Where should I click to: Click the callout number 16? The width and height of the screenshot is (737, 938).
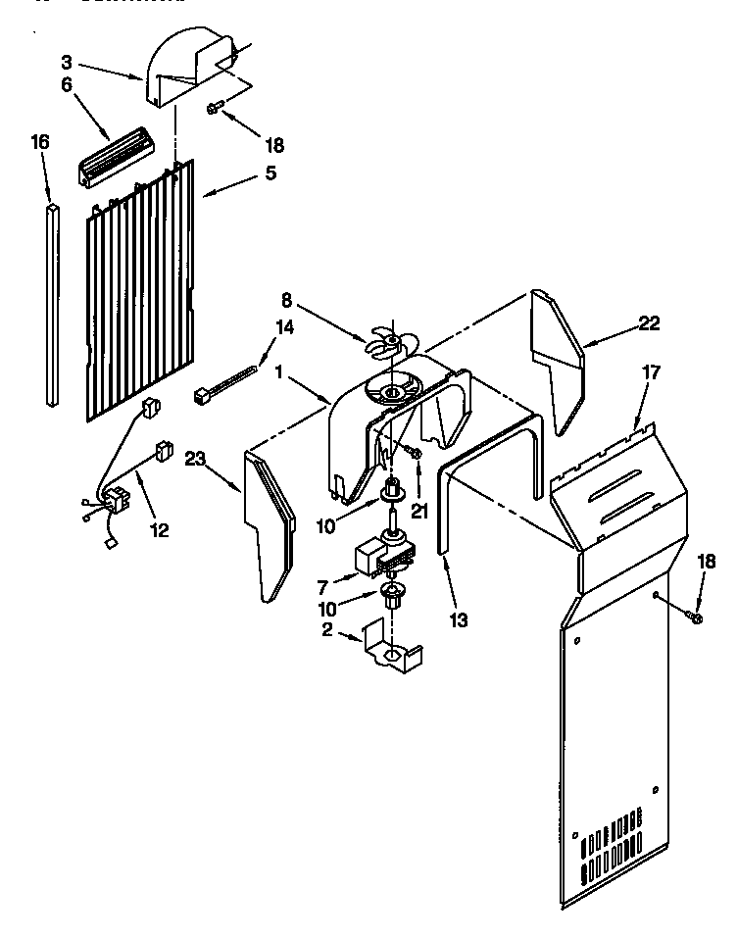pyautogui.click(x=39, y=142)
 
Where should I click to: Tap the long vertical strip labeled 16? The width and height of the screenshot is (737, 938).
pyautogui.click(x=52, y=303)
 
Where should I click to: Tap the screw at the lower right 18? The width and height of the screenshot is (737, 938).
pyautogui.click(x=695, y=617)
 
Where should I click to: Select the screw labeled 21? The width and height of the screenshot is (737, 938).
pyautogui.click(x=415, y=452)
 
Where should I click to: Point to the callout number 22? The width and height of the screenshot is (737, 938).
pyautogui.click(x=649, y=324)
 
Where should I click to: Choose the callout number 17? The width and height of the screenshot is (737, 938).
pyautogui.click(x=651, y=372)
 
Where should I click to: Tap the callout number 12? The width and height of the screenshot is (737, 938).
pyautogui.click(x=159, y=530)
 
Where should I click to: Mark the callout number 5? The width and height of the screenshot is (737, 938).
pyautogui.click(x=269, y=173)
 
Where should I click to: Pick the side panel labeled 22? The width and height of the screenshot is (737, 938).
pyautogui.click(x=556, y=363)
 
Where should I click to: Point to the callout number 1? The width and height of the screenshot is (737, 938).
pyautogui.click(x=280, y=371)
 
